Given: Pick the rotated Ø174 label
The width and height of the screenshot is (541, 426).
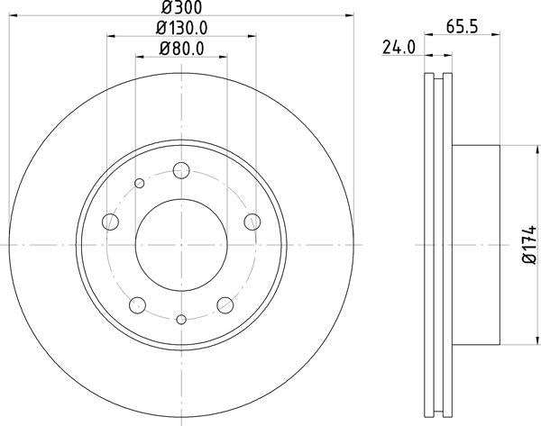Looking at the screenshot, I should pyautogui.click(x=525, y=246).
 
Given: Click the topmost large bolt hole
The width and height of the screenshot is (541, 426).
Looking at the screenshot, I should pyautogui.click(x=181, y=169).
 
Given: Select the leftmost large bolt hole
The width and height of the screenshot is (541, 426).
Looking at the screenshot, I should pyautogui.click(x=112, y=221).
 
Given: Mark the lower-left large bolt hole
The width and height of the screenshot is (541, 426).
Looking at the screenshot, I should pyautogui.click(x=138, y=304).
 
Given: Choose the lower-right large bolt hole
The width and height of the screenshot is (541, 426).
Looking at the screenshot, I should pyautogui.click(x=225, y=304).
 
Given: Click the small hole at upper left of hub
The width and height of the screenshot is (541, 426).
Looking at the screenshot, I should pyautogui.click(x=140, y=184).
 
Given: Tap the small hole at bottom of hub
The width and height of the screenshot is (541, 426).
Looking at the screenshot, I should pyautogui.click(x=181, y=319).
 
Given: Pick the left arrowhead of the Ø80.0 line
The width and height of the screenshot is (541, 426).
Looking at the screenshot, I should pyautogui.click(x=140, y=57).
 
